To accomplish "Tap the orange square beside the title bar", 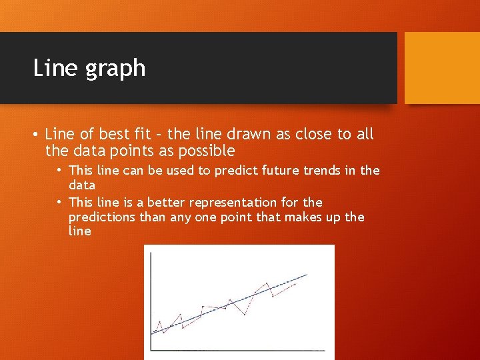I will (442, 68).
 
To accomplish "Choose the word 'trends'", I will (311, 171).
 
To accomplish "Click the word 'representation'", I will (233, 202).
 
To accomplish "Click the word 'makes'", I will (305, 217).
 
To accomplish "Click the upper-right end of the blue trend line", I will (307, 274).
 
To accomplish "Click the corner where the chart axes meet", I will (151, 349).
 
